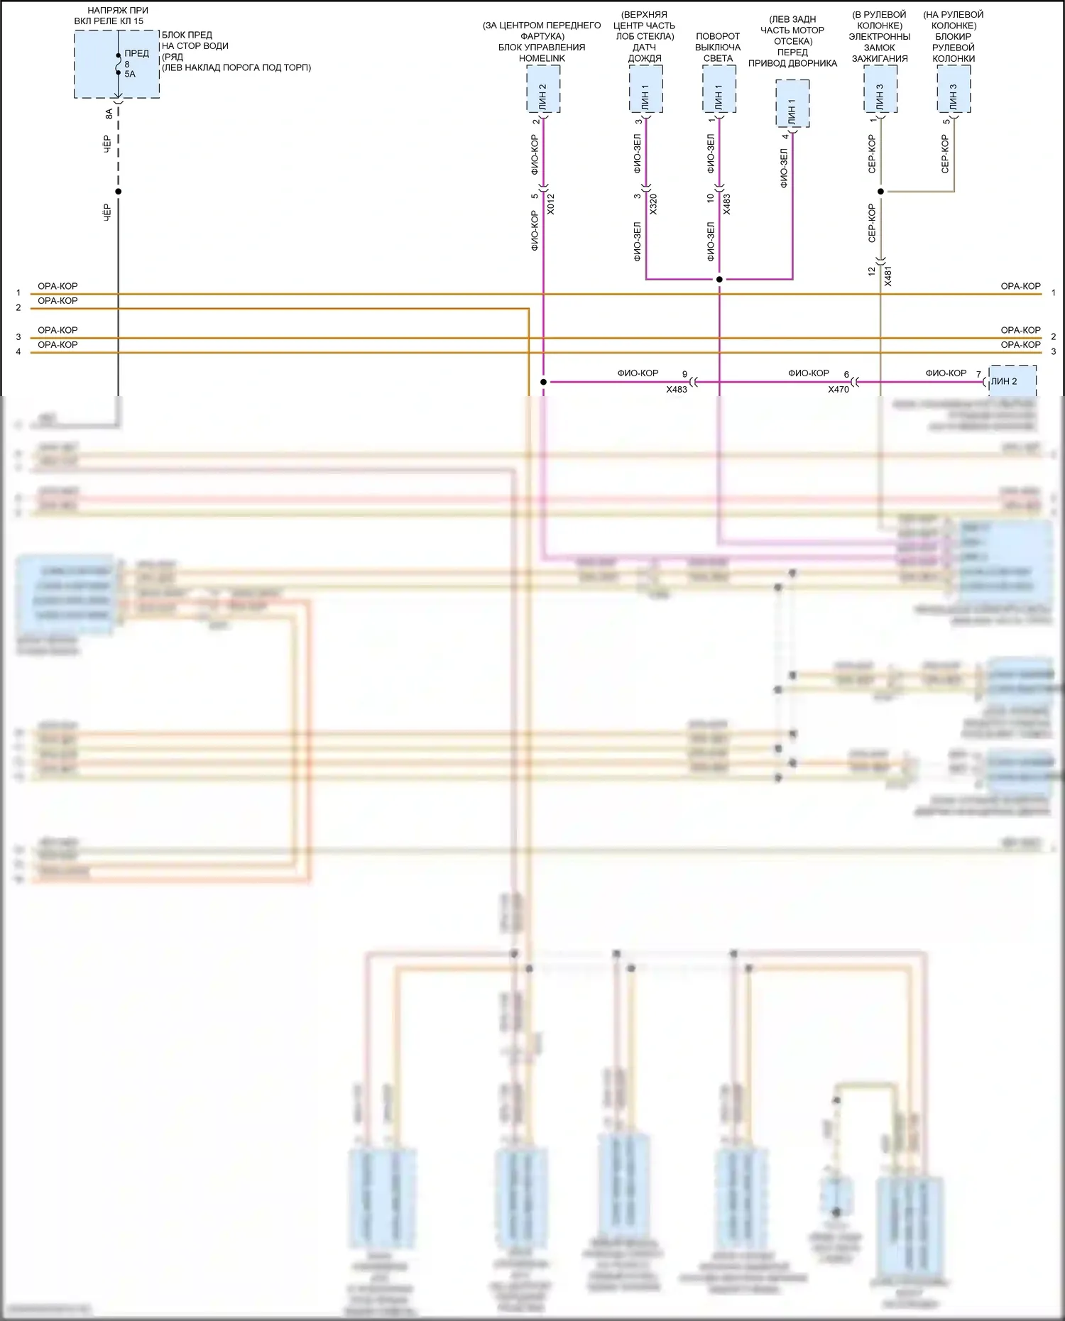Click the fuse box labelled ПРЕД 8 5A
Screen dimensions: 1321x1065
click(117, 64)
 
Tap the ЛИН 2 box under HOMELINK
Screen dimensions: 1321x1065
click(543, 89)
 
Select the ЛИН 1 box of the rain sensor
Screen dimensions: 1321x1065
click(645, 89)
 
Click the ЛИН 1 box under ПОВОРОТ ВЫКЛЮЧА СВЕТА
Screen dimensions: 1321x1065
click(719, 89)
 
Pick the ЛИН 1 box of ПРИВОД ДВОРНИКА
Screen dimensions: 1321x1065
click(792, 104)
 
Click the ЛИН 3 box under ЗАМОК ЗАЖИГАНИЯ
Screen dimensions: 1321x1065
click(880, 89)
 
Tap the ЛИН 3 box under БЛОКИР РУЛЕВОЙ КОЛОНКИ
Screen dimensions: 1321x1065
click(954, 89)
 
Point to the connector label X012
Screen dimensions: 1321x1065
click(551, 204)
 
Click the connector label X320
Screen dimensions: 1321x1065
click(653, 204)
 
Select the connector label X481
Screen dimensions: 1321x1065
click(888, 276)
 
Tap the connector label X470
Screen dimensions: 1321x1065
click(839, 390)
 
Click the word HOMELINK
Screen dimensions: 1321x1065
click(542, 58)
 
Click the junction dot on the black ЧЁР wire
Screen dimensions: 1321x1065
click(119, 192)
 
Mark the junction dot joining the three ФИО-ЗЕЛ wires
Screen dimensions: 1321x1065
click(719, 280)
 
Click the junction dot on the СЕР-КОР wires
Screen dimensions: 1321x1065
click(880, 192)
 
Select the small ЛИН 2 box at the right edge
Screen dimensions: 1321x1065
click(1012, 381)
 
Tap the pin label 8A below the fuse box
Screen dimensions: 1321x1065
click(109, 113)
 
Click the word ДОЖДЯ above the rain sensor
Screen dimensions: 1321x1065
click(645, 58)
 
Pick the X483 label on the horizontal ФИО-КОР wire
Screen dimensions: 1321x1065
click(677, 390)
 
